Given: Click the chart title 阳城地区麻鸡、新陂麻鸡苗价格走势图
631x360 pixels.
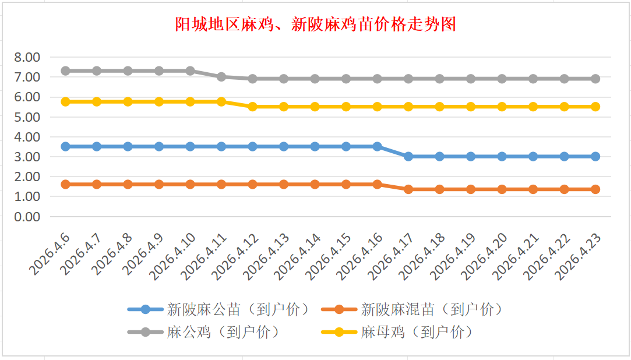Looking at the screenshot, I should (x=315, y=24).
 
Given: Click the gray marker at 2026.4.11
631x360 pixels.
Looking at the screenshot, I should (x=221, y=77).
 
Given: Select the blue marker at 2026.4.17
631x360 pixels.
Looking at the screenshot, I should (x=408, y=157).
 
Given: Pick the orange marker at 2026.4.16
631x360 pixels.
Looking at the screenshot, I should (x=378, y=184).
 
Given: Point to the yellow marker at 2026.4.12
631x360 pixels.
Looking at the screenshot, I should (x=252, y=107).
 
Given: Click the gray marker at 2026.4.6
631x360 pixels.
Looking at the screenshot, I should (x=66, y=70).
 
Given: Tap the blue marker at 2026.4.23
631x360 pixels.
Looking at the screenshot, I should (x=595, y=157).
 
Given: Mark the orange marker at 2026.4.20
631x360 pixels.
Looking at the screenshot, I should (x=502, y=189).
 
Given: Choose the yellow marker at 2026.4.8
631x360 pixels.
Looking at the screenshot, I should (x=128, y=101).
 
